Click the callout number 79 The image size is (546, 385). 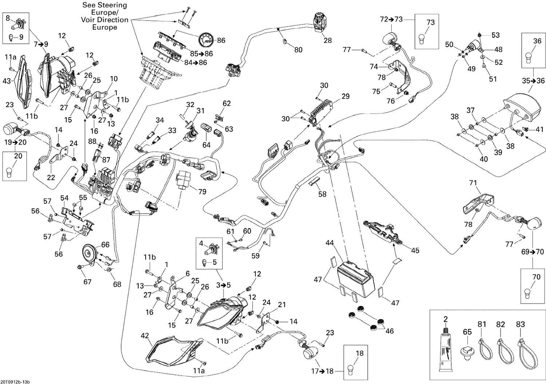point(202,191)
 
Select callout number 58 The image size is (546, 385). point(323,194)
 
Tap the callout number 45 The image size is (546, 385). point(415,250)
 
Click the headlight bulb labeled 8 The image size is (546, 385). point(16,26)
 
